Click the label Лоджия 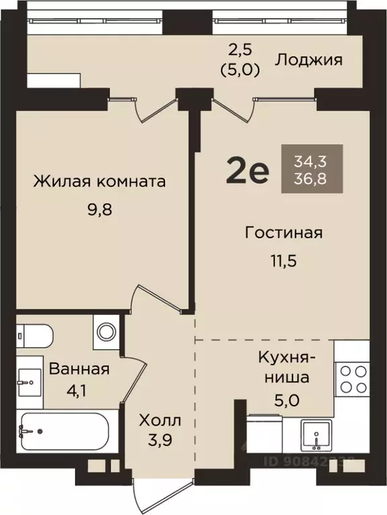coord(309,60)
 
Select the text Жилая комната coord(100,181)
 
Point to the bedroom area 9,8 coord(100,208)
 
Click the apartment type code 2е coord(247,172)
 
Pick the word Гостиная coord(284,233)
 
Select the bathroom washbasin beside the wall coord(29,383)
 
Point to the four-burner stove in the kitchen coord(351,377)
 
